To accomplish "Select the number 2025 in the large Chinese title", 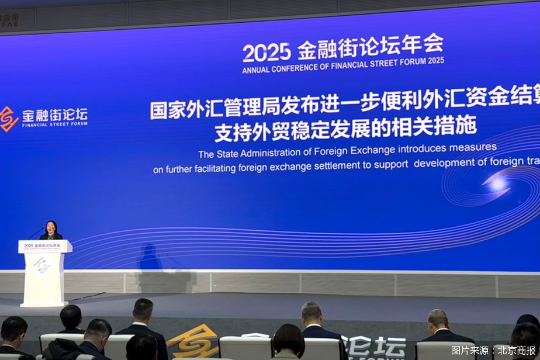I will (x=266, y=51).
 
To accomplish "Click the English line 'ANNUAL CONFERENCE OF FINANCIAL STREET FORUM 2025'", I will (x=343, y=65).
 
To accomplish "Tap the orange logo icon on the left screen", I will (x=8, y=118).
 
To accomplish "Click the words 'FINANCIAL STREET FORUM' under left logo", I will (x=54, y=124).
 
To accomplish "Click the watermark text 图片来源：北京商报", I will (x=493, y=350).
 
